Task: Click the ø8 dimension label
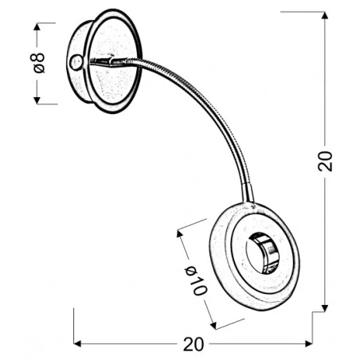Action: (39, 63)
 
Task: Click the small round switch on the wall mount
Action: (76, 63)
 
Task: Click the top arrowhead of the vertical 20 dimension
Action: (325, 15)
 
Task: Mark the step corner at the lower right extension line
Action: (312, 314)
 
